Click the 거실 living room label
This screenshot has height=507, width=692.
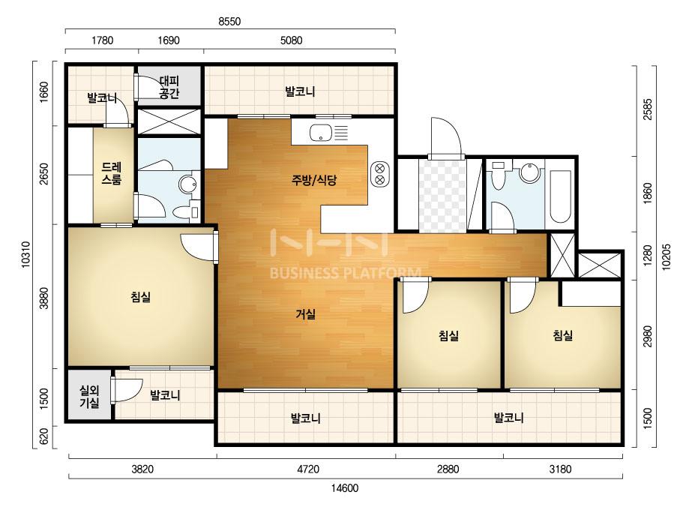[305, 314]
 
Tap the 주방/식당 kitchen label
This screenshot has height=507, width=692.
[314, 180]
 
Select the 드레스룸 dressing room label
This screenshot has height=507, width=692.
[112, 173]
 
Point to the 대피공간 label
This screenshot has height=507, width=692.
[169, 87]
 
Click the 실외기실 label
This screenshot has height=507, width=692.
[89, 396]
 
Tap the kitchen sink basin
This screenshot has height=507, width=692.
[321, 132]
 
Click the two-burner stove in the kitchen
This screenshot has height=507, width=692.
[379, 174]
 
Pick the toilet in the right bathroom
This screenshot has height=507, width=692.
[499, 175]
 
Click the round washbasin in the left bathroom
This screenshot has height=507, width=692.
[188, 184]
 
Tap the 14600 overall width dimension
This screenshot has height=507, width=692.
[345, 488]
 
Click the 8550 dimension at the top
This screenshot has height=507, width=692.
[229, 21]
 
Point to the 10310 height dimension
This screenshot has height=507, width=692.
[25, 254]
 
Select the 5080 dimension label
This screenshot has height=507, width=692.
[292, 40]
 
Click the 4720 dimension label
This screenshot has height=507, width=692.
[307, 469]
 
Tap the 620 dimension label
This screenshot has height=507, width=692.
[44, 437]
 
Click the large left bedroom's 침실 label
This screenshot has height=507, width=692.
[141, 296]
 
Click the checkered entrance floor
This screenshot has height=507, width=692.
[442, 196]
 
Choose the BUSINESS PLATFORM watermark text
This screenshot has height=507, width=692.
[345, 273]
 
